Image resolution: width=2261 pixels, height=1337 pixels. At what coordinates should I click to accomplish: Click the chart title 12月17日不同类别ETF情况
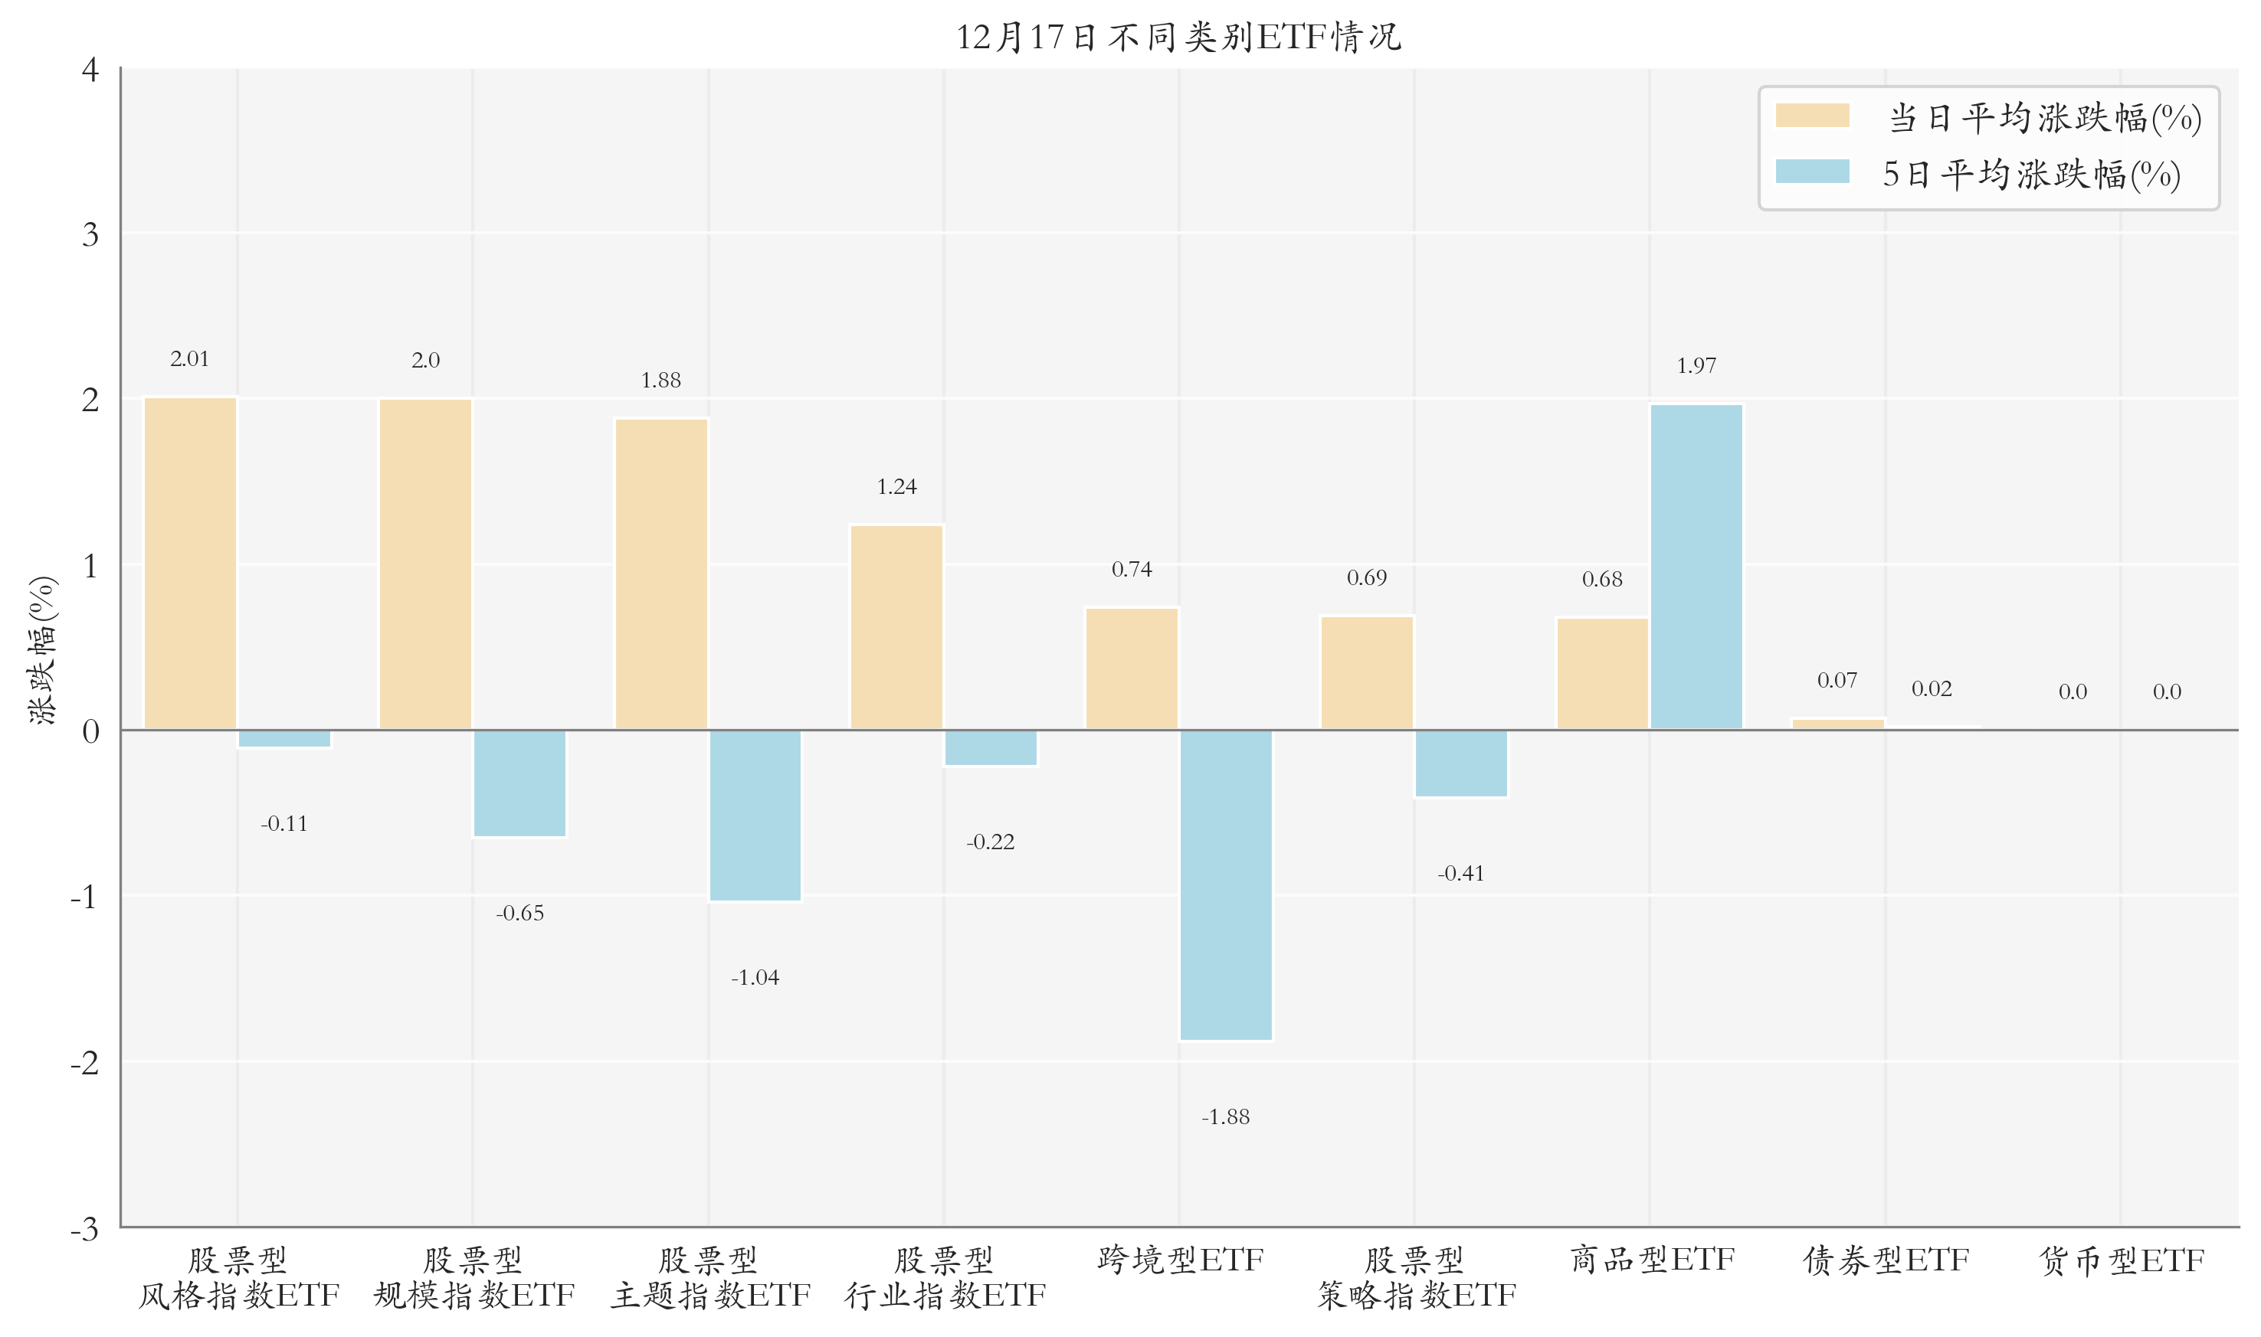point(1178,37)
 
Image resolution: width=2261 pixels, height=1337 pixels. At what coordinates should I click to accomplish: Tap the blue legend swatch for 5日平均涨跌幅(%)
point(1811,172)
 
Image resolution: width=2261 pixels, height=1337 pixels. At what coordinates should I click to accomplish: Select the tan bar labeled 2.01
point(190,563)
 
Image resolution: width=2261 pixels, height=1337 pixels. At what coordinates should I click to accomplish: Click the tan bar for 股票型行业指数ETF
point(896,627)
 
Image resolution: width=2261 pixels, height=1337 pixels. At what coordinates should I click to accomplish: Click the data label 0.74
point(1131,570)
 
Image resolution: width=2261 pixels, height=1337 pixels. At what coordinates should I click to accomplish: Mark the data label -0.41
point(1460,873)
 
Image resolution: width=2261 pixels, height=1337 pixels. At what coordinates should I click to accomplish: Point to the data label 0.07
point(1837,680)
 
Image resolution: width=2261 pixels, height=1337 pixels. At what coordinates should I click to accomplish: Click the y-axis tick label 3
point(90,235)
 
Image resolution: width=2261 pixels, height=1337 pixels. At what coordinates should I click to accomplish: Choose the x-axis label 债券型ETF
point(1886,1260)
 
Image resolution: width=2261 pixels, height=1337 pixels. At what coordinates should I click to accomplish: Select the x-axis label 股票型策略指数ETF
point(1415,1277)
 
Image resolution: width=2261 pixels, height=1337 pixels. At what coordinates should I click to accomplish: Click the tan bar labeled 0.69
point(1366,672)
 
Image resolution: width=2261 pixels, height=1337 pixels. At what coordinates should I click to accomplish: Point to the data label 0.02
point(1932,689)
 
